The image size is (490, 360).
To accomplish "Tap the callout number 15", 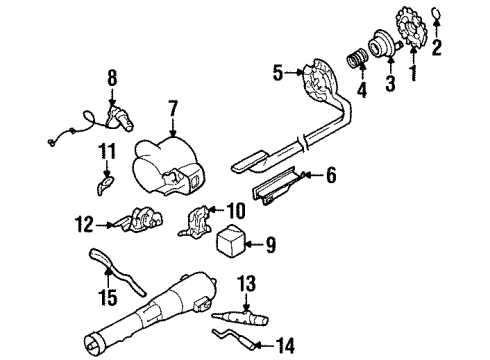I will click(109, 297).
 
